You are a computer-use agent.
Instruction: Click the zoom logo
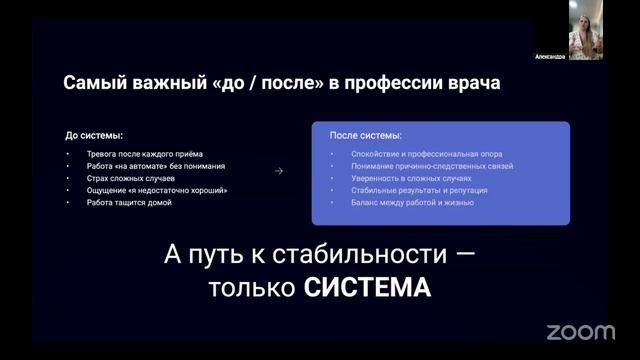coord(580,332)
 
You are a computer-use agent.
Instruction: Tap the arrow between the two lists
coord(279,171)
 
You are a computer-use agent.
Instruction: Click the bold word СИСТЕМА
coord(367,287)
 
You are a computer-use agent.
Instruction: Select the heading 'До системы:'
coord(94,135)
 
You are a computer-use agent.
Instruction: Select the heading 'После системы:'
coord(366,135)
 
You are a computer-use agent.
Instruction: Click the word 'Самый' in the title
coord(95,83)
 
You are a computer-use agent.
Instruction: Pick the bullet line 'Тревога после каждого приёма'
coord(144,154)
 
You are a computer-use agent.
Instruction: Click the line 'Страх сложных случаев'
coord(131,178)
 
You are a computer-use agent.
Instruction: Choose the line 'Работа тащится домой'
coord(129,202)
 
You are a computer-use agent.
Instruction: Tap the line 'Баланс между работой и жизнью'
coord(412,202)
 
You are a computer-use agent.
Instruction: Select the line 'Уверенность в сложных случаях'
coord(411,178)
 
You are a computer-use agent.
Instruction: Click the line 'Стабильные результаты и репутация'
coord(419,190)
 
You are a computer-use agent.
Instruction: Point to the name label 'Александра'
coord(550,57)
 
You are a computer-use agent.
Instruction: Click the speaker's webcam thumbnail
coord(586,30)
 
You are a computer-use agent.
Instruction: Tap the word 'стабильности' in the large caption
coord(360,254)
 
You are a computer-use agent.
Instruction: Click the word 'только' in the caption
coord(252,287)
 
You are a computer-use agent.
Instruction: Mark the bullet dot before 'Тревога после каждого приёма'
coord(68,154)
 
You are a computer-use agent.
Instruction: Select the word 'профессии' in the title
coord(393,83)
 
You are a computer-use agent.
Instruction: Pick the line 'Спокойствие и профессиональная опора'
coord(427,154)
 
